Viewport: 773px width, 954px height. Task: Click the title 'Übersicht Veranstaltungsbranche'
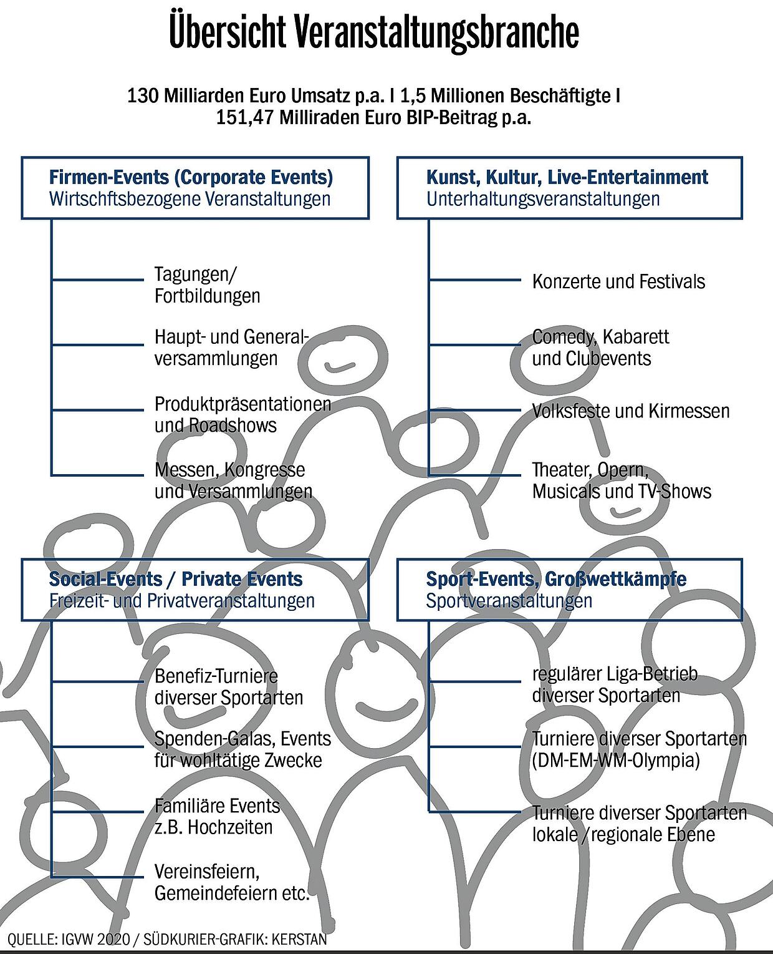[374, 32]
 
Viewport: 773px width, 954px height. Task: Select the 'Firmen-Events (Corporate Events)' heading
[191, 177]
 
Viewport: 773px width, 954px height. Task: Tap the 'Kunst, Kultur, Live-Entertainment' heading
[567, 177]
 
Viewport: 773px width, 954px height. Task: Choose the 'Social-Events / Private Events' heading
[176, 579]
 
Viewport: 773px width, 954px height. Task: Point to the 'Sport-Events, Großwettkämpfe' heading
[556, 579]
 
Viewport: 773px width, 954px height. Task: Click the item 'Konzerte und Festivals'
[618, 282]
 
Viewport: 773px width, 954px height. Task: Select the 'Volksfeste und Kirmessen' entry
[631, 411]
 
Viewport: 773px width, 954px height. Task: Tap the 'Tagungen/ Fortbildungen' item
[207, 285]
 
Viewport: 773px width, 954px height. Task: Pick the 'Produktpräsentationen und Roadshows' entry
[243, 415]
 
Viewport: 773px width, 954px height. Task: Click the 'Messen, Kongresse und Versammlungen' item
[233, 480]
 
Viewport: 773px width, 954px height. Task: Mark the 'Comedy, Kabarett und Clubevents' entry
[601, 348]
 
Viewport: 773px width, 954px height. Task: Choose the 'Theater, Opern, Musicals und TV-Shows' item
[622, 480]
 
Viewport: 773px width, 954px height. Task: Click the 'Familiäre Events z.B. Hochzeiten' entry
[217, 817]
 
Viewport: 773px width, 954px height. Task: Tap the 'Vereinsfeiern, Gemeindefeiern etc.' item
[232, 882]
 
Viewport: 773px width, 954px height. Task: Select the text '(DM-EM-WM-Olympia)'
[615, 761]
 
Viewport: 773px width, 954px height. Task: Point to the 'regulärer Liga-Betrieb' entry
[615, 674]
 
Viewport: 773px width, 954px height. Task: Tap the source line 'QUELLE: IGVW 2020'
[69, 940]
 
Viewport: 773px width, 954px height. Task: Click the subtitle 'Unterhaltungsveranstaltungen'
[543, 199]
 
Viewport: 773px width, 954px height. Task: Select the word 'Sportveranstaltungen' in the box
[509, 601]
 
